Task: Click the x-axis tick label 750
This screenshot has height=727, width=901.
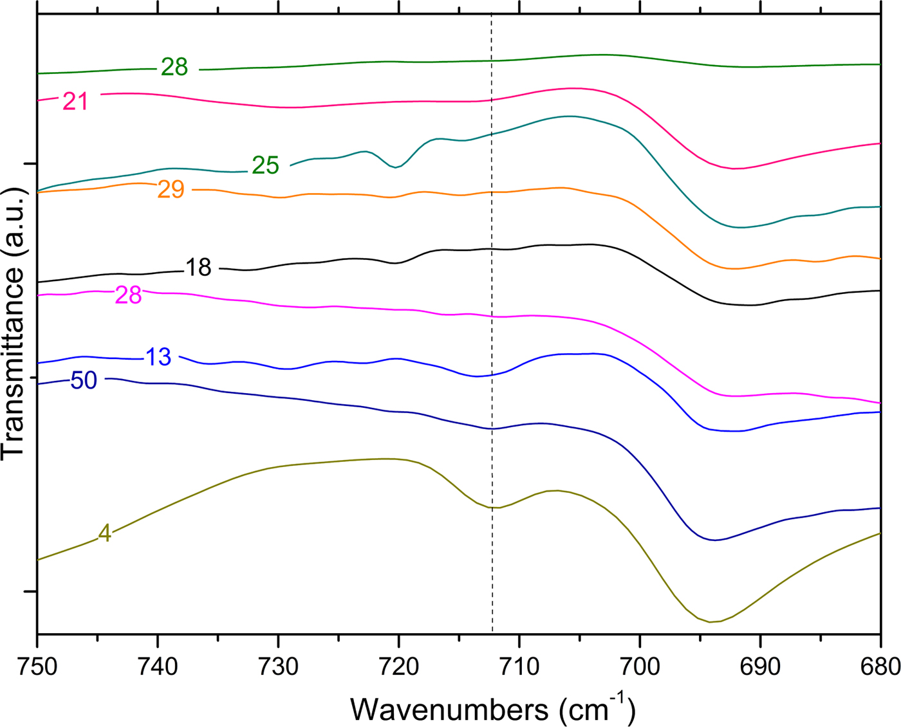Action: click(37, 667)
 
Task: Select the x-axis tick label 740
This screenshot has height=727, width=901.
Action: click(158, 667)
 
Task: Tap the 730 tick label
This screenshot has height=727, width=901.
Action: click(278, 667)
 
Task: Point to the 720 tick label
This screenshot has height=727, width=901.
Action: click(399, 667)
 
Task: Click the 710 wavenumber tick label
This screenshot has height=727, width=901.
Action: click(519, 667)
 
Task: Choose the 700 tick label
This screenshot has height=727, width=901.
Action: click(640, 667)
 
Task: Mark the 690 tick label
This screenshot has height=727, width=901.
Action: click(760, 667)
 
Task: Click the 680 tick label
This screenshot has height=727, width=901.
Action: click(879, 667)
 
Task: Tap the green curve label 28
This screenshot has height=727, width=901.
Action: click(174, 67)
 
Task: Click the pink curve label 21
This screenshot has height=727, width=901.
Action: click(75, 102)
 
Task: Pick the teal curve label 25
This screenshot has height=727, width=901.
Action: click(265, 166)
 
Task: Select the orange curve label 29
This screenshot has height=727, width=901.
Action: click(171, 190)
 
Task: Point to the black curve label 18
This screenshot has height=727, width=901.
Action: click(198, 268)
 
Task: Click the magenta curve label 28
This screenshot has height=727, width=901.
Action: click(128, 295)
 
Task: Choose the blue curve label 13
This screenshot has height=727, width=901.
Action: click(158, 357)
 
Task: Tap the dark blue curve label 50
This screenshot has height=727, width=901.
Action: click(84, 381)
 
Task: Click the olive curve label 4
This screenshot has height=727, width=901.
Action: click(104, 533)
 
